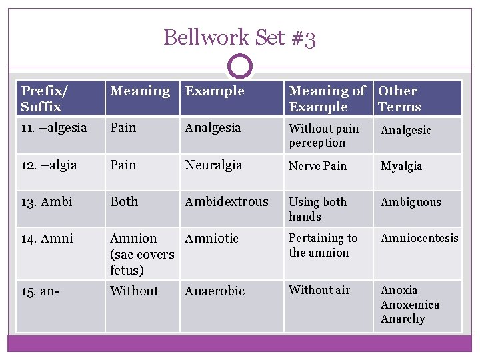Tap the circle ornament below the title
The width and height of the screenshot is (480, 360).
(x=239, y=67)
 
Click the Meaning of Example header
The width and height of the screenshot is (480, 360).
(x=327, y=99)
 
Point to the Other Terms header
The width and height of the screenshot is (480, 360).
(x=399, y=99)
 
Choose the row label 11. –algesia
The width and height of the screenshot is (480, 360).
(x=54, y=127)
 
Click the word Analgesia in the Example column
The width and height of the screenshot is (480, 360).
(x=213, y=127)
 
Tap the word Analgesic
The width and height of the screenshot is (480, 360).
(x=406, y=130)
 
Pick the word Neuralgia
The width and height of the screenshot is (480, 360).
(x=213, y=165)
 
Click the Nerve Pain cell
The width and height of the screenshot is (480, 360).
(x=318, y=166)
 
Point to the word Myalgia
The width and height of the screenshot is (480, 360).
(x=401, y=166)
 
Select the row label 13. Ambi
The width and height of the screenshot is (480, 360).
(x=47, y=202)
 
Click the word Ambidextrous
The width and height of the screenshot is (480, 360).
(x=227, y=201)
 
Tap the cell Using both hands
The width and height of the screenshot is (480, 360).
(x=317, y=209)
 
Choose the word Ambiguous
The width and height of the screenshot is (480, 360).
(x=411, y=202)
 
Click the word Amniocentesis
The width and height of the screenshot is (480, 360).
(x=419, y=238)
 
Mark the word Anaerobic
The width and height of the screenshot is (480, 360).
(x=215, y=291)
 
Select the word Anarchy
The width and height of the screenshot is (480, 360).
(x=403, y=319)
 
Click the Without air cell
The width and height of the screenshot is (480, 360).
(x=319, y=290)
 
